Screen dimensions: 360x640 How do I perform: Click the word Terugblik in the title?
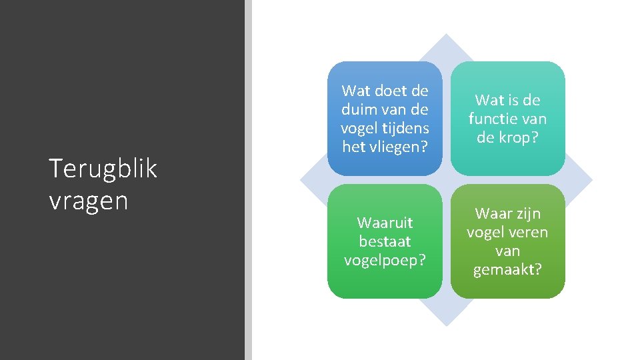pos(103,169)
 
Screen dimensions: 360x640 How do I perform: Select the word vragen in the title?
pos(88,201)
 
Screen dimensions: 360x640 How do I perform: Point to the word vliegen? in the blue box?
pos(402,147)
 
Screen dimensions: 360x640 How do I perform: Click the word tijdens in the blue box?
pos(405,128)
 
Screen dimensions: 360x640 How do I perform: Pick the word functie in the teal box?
pos(494,119)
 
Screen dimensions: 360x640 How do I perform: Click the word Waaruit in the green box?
pos(385,222)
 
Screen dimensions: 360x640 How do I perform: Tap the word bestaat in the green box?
pos(385,241)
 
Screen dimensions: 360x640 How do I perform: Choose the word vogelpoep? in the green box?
pos(385,259)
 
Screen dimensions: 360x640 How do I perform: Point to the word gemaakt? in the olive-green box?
pos(507,270)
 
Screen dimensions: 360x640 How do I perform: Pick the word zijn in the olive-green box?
pos(527,214)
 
